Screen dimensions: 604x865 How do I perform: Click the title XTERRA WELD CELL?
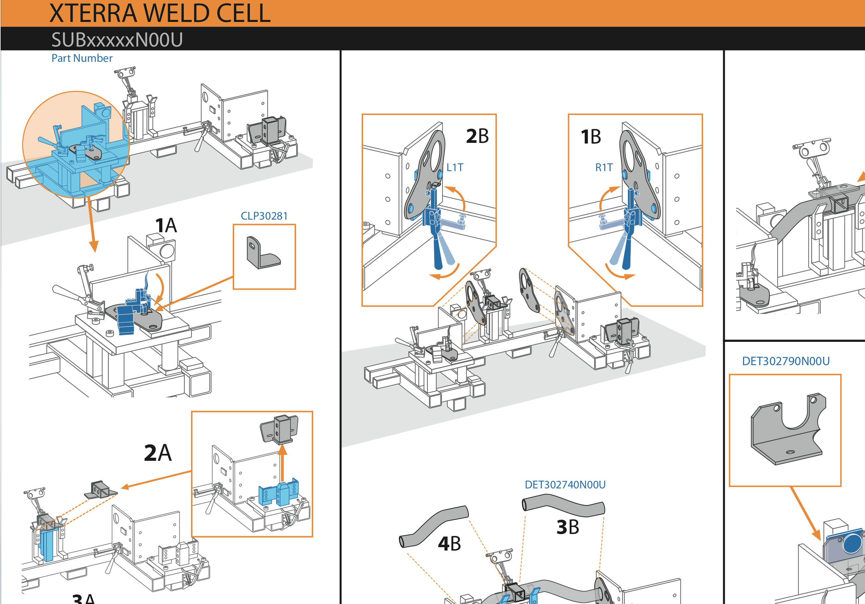tap(160, 14)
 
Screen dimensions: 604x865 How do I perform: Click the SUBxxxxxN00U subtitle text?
tap(117, 40)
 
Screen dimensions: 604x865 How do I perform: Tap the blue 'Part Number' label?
tap(82, 58)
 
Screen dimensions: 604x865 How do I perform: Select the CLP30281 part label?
tap(264, 216)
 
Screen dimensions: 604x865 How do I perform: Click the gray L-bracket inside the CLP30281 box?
tap(262, 253)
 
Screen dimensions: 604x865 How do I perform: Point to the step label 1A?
tap(166, 225)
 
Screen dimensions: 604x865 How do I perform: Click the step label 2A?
tap(157, 453)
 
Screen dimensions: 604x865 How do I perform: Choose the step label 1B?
tap(591, 137)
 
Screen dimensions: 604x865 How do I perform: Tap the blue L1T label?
tap(455, 167)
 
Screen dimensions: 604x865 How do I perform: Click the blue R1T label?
tap(604, 167)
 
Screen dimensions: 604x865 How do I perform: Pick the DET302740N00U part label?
tap(565, 484)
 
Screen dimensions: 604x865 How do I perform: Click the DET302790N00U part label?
tap(786, 361)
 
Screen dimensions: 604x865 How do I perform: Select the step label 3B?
tap(568, 527)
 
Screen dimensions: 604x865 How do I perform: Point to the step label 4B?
tap(449, 543)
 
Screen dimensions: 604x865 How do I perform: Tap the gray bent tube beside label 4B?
tap(433, 526)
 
